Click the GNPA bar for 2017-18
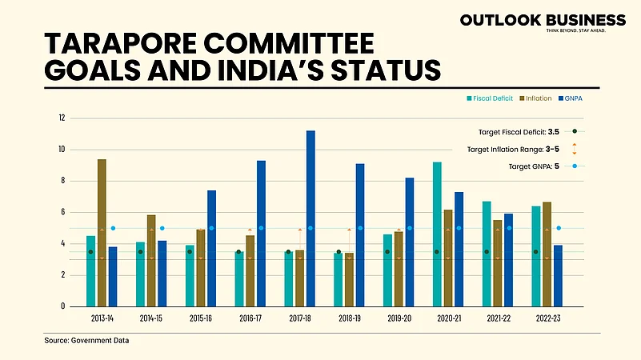[x=310, y=218]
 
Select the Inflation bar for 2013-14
[x=102, y=233]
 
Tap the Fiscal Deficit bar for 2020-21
[x=437, y=234]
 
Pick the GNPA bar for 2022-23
[x=559, y=275]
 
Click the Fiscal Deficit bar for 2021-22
[x=487, y=254]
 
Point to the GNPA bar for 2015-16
[x=212, y=248]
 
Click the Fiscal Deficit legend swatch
[x=469, y=98]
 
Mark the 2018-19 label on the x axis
[x=349, y=318]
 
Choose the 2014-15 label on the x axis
[x=151, y=318]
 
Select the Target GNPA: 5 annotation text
[x=534, y=166]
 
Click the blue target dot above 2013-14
[x=113, y=228]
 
